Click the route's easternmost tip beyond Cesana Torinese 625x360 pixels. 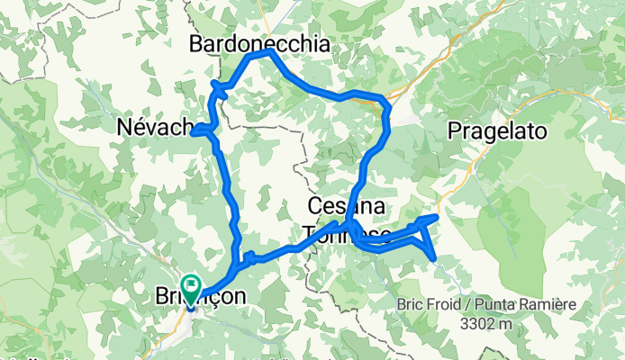point(436,217)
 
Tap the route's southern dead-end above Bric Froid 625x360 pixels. point(436,259)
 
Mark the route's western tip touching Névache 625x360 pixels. point(194,131)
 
